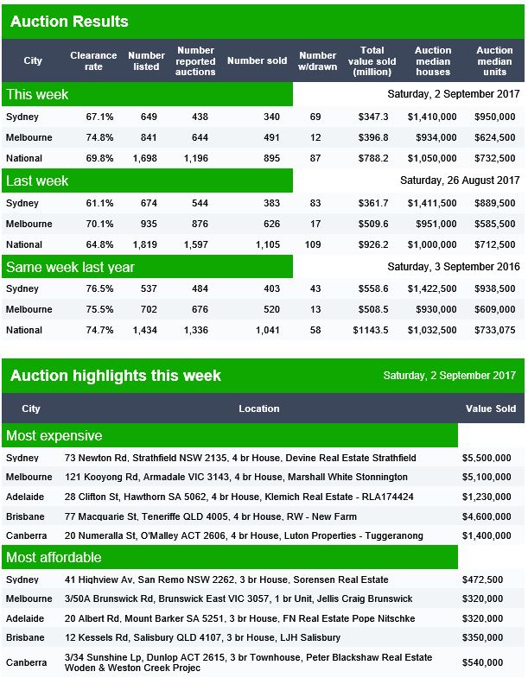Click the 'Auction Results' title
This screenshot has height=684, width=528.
pos(69,22)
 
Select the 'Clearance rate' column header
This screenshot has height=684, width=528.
pos(93,61)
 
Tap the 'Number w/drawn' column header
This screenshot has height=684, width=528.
pos(318,61)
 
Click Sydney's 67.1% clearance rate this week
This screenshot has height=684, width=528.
pos(99,117)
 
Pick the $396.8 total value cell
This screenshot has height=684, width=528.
pos(373,137)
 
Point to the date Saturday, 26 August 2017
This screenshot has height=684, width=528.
pos(460,180)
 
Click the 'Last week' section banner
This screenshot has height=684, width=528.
pos(147,180)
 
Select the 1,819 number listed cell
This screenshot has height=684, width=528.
pos(145,244)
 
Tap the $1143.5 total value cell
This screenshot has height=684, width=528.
pos(371,330)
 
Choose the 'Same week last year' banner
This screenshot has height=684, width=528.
pos(147,267)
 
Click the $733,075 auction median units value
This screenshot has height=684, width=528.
pos(495,330)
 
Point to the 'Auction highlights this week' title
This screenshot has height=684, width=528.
pos(116,376)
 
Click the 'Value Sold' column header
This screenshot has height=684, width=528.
pos(491,408)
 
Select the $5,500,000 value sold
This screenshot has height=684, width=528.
pos(487,458)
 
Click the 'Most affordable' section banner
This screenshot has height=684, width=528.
pos(230,557)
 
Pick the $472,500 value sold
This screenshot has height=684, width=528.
pos(482,579)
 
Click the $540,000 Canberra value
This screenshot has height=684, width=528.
pos(482,662)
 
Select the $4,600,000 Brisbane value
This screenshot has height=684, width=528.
pos(487,517)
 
